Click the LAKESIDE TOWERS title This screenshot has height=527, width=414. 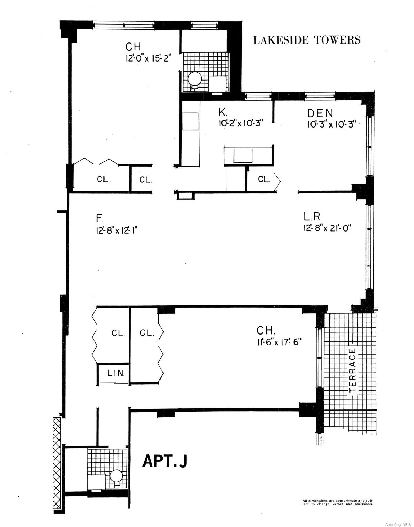click(x=306, y=40)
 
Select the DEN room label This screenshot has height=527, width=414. click(x=320, y=113)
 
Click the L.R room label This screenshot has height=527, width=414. click(x=312, y=217)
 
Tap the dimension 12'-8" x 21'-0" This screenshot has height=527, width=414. click(x=327, y=228)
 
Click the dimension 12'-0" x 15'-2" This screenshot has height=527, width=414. click(x=147, y=58)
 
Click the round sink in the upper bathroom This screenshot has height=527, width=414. click(x=195, y=78)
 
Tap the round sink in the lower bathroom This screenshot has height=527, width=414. click(x=116, y=476)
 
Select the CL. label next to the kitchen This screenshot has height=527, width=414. click(x=264, y=179)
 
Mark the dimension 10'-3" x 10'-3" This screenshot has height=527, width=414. click(x=331, y=125)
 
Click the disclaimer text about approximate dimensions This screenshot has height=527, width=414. click(x=337, y=502)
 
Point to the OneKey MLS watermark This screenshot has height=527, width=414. click(x=399, y=524)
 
